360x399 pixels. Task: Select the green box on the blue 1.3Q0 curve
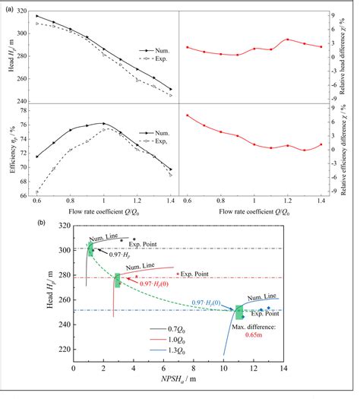[x=239, y=312]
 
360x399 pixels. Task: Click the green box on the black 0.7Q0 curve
[x=90, y=249]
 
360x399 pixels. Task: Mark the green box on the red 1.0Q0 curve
[x=117, y=280]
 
